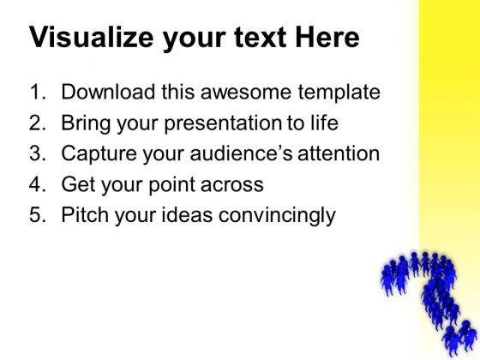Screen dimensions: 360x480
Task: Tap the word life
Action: pyautogui.click(x=323, y=123)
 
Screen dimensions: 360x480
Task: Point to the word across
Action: pyautogui.click(x=237, y=185)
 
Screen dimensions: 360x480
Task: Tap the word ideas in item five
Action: pyautogui.click(x=187, y=216)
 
